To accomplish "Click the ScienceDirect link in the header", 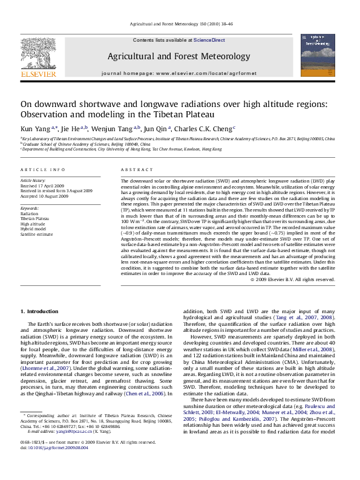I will click(209, 40).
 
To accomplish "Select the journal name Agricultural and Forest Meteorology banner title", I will click(178, 56).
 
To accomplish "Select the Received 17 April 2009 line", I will click(45, 186).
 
